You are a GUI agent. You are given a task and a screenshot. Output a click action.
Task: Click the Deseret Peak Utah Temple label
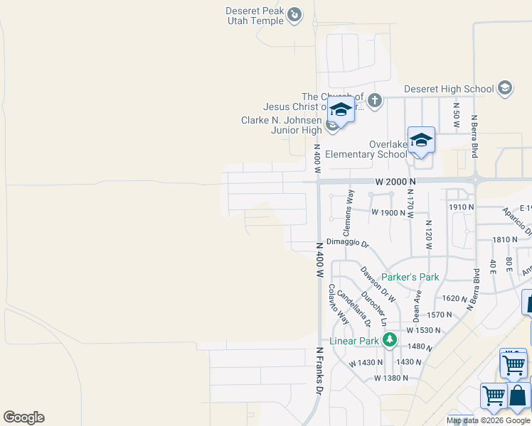tap(255, 16)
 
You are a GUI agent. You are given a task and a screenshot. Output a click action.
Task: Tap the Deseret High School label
tap(448, 89)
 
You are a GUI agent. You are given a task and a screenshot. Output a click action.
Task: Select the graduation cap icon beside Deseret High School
tap(505, 88)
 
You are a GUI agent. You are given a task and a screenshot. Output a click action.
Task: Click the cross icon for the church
tap(375, 101)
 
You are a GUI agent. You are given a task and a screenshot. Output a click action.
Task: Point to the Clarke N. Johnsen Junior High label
tap(282, 125)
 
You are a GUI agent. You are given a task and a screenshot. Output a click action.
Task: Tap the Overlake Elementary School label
tap(366, 149)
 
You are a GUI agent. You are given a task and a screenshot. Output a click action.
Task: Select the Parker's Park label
tap(410, 277)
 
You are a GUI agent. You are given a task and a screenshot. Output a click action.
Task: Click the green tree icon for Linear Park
tap(389, 340)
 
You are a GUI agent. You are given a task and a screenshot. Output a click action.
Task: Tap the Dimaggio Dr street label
tap(348, 244)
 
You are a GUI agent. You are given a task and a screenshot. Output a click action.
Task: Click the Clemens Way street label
tap(348, 213)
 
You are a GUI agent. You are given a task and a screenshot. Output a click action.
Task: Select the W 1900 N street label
tap(388, 212)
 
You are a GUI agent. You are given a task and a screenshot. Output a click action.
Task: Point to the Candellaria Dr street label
tap(354, 307)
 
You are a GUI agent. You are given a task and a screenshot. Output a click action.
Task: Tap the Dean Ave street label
tap(417, 304)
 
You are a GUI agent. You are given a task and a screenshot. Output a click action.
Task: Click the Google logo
tap(23, 417)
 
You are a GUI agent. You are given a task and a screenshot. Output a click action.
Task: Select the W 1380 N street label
tap(391, 378)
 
